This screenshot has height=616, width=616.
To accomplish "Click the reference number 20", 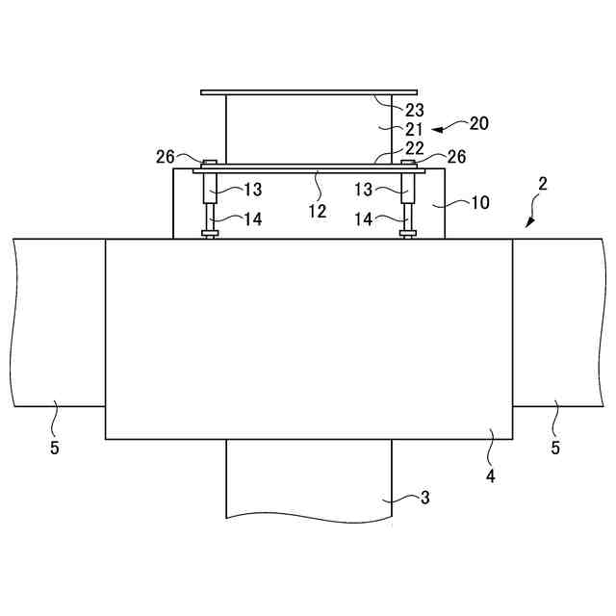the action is coord(479,124).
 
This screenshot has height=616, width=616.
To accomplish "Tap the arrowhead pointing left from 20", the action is coord(437,130).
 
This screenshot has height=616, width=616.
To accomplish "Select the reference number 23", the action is coord(415,111).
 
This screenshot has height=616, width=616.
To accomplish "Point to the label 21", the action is coord(414,130).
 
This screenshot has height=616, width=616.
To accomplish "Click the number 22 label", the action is coord(415,148).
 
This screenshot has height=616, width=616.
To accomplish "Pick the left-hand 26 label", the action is coord(166,157).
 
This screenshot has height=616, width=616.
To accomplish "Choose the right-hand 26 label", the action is coord(457,157).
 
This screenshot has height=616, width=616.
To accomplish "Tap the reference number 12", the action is coord(318,212).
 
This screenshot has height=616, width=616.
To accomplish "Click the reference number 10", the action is coord(480,203).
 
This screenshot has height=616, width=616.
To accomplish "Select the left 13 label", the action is coord(253,191).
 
